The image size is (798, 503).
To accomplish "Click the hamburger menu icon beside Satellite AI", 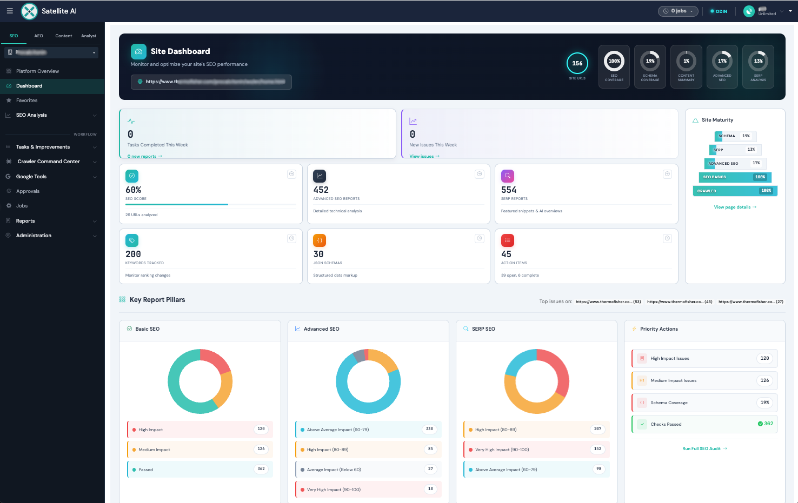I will (10, 11).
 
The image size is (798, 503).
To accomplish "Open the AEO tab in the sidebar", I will (38, 36).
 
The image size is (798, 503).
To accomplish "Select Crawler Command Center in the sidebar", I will (49, 162).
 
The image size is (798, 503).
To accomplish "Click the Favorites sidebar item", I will (26, 100).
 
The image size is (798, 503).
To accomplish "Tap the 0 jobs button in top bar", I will (678, 11).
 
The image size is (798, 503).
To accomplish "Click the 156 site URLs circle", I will (577, 64).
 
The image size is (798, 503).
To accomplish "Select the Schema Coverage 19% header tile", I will (650, 66).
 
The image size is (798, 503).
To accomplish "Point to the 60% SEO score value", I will (134, 190).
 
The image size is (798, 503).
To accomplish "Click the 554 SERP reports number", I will (509, 190).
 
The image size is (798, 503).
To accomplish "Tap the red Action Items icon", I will (507, 240).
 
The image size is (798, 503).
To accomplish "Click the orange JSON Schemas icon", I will (320, 240).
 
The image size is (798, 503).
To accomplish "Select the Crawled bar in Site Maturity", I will (735, 191).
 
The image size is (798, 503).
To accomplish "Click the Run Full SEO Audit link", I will (704, 448).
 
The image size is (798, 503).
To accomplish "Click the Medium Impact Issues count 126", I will (764, 380).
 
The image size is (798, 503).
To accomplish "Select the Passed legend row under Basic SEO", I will (200, 470).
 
